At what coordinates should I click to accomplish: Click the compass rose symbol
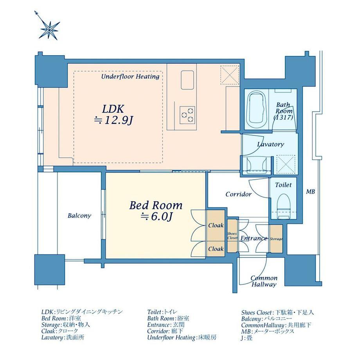pos(49,27)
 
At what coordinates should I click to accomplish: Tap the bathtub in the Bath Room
pos(256,110)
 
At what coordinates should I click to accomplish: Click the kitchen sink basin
pos(187,80)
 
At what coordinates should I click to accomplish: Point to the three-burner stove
pos(187,115)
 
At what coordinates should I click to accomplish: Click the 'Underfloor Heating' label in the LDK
pos(130,76)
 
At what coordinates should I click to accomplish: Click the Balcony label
pos(79,216)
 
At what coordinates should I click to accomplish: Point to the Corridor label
pos(239,194)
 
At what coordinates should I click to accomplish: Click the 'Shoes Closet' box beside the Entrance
pos(232,236)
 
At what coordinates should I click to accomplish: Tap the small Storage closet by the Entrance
pos(276,239)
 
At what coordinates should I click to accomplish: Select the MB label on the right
pos(310,191)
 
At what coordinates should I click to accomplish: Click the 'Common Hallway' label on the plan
pos(264,281)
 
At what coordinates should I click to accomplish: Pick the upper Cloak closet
pos(216,225)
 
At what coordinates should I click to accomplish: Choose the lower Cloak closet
pos(216,248)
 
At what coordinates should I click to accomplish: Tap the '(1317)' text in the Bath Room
pos(283,117)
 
